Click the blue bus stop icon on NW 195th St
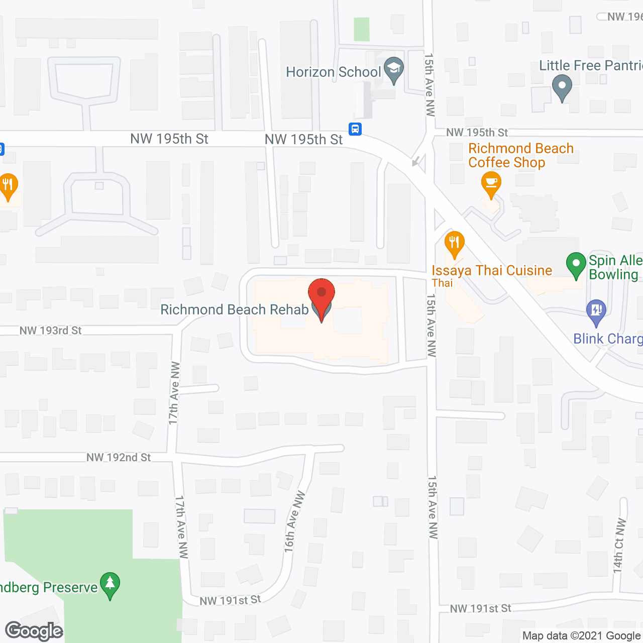click(x=355, y=129)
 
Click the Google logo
click(x=34, y=631)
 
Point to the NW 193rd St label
click(x=50, y=331)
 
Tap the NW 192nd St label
click(x=119, y=457)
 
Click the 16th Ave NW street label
click(x=294, y=522)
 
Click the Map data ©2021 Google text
click(x=582, y=636)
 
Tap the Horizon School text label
click(x=333, y=72)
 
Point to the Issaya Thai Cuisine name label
click(x=492, y=271)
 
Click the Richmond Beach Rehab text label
click(x=234, y=309)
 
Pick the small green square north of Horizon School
click(x=362, y=29)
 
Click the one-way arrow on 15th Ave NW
click(x=416, y=161)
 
